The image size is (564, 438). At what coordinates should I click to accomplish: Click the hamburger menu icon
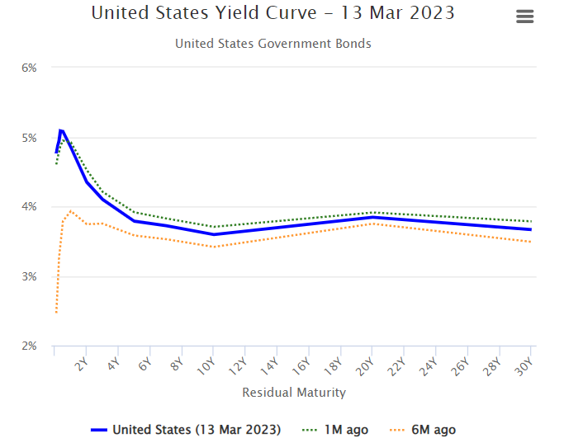click(524, 17)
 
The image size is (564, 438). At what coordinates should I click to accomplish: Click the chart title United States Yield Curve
click(273, 14)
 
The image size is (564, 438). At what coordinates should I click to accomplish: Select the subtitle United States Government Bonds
click(273, 44)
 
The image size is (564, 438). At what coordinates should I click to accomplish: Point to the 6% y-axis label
click(29, 68)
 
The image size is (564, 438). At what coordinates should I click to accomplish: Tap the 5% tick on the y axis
click(29, 138)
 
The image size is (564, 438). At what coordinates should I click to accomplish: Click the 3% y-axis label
click(29, 277)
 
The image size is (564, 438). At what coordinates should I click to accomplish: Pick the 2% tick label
click(29, 346)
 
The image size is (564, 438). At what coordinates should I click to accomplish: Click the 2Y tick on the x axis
click(82, 365)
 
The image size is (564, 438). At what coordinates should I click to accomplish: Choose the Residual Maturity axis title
click(294, 393)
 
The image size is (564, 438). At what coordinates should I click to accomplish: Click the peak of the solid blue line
click(60, 130)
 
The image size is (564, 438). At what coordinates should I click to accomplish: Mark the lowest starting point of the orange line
click(55, 313)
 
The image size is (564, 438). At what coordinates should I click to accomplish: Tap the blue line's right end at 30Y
click(529, 229)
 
